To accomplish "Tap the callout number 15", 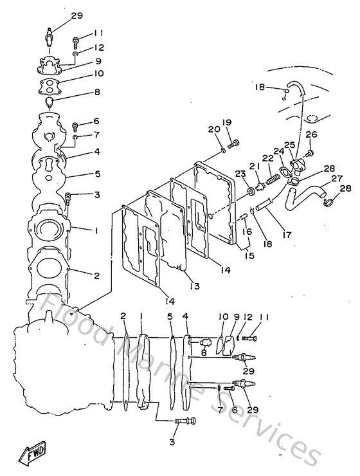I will [x=249, y=255].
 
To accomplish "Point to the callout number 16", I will [x=247, y=230].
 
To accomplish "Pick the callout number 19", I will [x=226, y=122].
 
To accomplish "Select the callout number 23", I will [x=239, y=174].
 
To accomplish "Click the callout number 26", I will [x=311, y=134].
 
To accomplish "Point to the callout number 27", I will [x=336, y=178].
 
